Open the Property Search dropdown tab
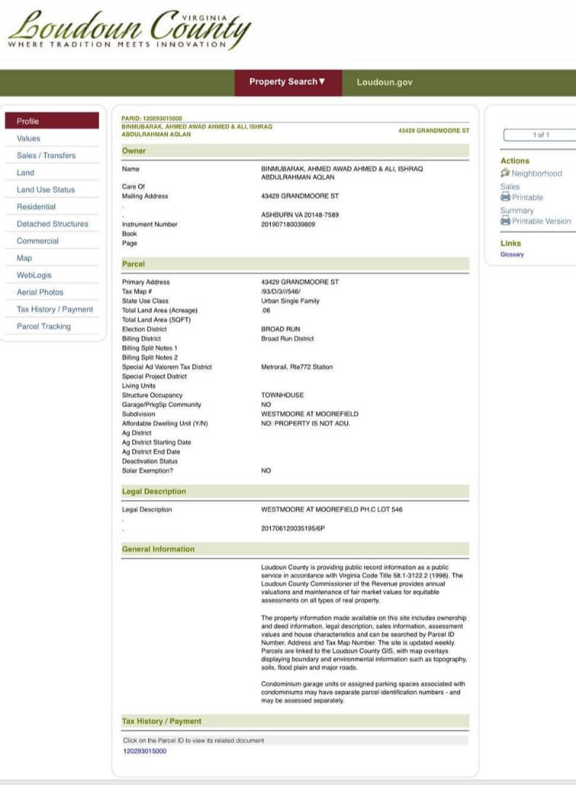click(x=287, y=82)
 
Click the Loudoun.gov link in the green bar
click(x=384, y=82)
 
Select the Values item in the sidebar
click(x=29, y=138)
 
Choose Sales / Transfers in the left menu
click(x=46, y=156)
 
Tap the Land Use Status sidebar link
click(x=46, y=190)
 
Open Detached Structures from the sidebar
click(x=52, y=224)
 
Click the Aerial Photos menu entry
click(x=40, y=292)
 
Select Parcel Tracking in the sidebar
click(x=44, y=326)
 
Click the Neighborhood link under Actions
click(x=536, y=174)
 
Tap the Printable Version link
click(x=541, y=221)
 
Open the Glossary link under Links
click(x=512, y=254)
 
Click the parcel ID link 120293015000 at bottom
click(x=145, y=751)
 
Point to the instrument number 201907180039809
click(x=288, y=225)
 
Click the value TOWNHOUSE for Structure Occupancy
click(x=283, y=395)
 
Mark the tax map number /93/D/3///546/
click(x=280, y=291)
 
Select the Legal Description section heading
click(x=154, y=491)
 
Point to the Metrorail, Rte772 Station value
click(x=297, y=367)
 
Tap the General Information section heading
click(x=158, y=549)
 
